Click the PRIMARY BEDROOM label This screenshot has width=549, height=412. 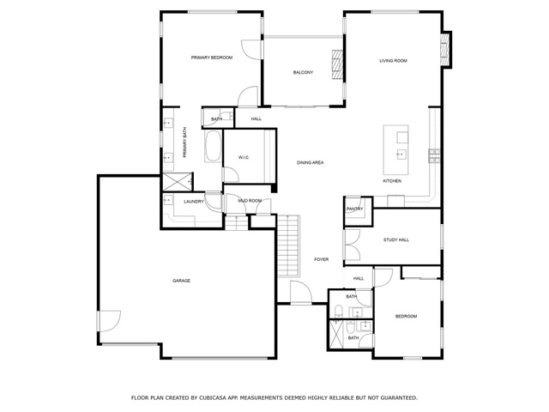pyautogui.click(x=212, y=58)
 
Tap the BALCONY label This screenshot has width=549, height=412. pyautogui.click(x=303, y=72)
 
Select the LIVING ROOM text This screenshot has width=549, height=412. pyautogui.click(x=393, y=61)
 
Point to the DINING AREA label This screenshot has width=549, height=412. pyautogui.click(x=311, y=162)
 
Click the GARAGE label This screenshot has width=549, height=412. pyautogui.click(x=181, y=281)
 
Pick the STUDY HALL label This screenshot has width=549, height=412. pyautogui.click(x=396, y=240)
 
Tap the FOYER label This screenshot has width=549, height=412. pyautogui.click(x=322, y=259)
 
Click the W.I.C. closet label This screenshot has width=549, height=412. pyautogui.click(x=244, y=158)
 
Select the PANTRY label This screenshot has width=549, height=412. pyautogui.click(x=354, y=209)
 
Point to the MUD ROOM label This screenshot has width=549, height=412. pyautogui.click(x=250, y=201)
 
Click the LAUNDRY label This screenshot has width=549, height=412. pyautogui.click(x=194, y=202)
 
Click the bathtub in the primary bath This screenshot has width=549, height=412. pyautogui.click(x=213, y=146)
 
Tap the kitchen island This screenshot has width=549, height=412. pyautogui.click(x=395, y=149)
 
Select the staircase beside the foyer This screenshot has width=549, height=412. pyautogui.click(x=289, y=246)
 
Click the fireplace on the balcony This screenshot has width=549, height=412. pyautogui.click(x=337, y=65)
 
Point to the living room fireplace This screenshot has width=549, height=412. pyautogui.click(x=445, y=49)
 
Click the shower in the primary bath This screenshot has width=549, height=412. pyautogui.click(x=178, y=181)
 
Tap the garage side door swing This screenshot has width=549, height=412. pyautogui.click(x=110, y=321)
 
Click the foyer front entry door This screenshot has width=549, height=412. pyautogui.click(x=301, y=292)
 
